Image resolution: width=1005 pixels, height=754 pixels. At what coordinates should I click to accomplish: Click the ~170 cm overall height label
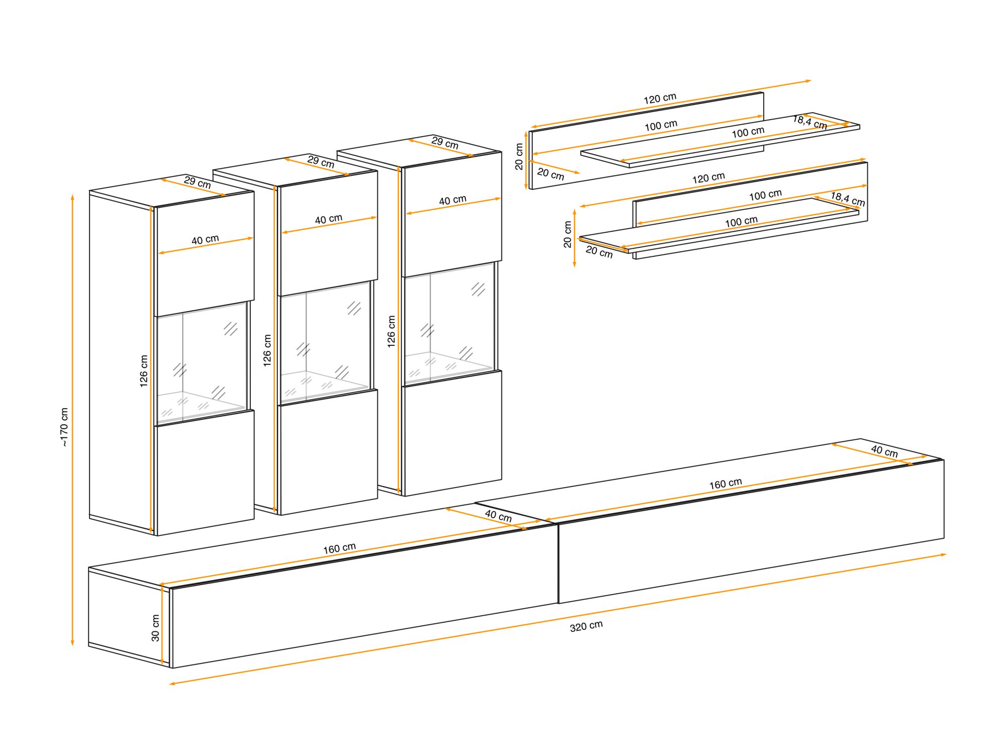(x=64, y=427)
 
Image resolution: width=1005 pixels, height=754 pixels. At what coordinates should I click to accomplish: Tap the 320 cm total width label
(x=586, y=626)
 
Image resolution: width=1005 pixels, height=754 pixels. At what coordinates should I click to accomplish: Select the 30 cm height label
(x=155, y=628)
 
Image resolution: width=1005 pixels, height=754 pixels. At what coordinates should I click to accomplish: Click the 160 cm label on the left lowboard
(x=339, y=548)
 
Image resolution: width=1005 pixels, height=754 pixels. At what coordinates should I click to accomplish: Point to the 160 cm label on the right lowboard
(x=725, y=484)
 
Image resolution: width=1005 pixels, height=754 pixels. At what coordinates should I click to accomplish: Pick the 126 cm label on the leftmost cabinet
(x=144, y=371)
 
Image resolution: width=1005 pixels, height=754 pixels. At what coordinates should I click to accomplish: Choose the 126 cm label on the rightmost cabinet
(x=391, y=331)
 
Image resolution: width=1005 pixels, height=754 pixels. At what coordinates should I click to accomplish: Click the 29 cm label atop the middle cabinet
(x=321, y=162)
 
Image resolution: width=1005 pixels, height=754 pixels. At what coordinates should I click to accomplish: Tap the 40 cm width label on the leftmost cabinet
(x=205, y=240)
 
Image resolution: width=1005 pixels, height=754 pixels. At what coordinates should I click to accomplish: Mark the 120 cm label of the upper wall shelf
(x=660, y=98)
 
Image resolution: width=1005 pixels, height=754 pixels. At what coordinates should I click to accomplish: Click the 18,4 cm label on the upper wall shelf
(x=810, y=122)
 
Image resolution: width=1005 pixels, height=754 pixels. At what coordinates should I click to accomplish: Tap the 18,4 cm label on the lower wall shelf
(x=848, y=199)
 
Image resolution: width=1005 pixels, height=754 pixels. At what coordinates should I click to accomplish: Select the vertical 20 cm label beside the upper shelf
(x=519, y=157)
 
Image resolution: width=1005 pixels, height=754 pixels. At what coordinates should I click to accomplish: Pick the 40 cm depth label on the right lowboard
(x=884, y=450)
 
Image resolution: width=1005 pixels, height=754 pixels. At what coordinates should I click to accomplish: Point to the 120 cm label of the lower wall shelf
(x=708, y=178)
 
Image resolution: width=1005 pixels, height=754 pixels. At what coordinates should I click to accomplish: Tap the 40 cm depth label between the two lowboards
(x=498, y=515)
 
